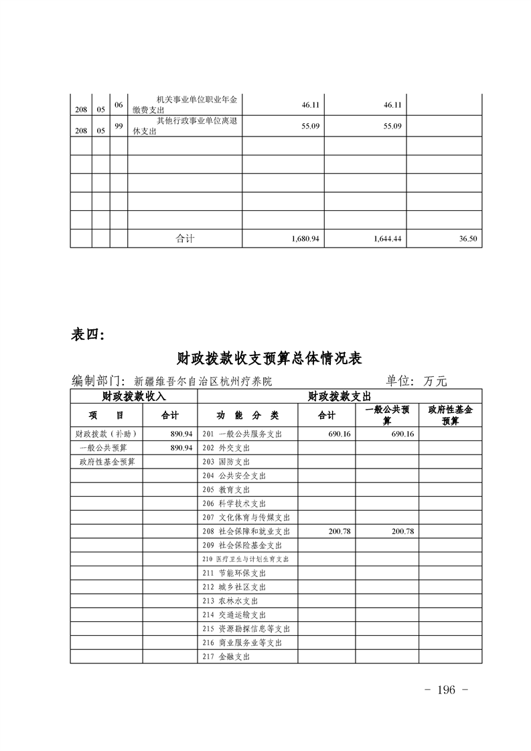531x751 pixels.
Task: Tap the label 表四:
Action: (x=88, y=335)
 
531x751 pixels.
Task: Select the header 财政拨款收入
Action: (x=133, y=397)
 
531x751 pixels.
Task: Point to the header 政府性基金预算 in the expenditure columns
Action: (x=450, y=415)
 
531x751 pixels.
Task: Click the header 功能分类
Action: (x=247, y=415)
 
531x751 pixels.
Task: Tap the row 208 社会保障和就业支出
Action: (x=246, y=531)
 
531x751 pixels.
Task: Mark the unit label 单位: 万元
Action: (x=416, y=381)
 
